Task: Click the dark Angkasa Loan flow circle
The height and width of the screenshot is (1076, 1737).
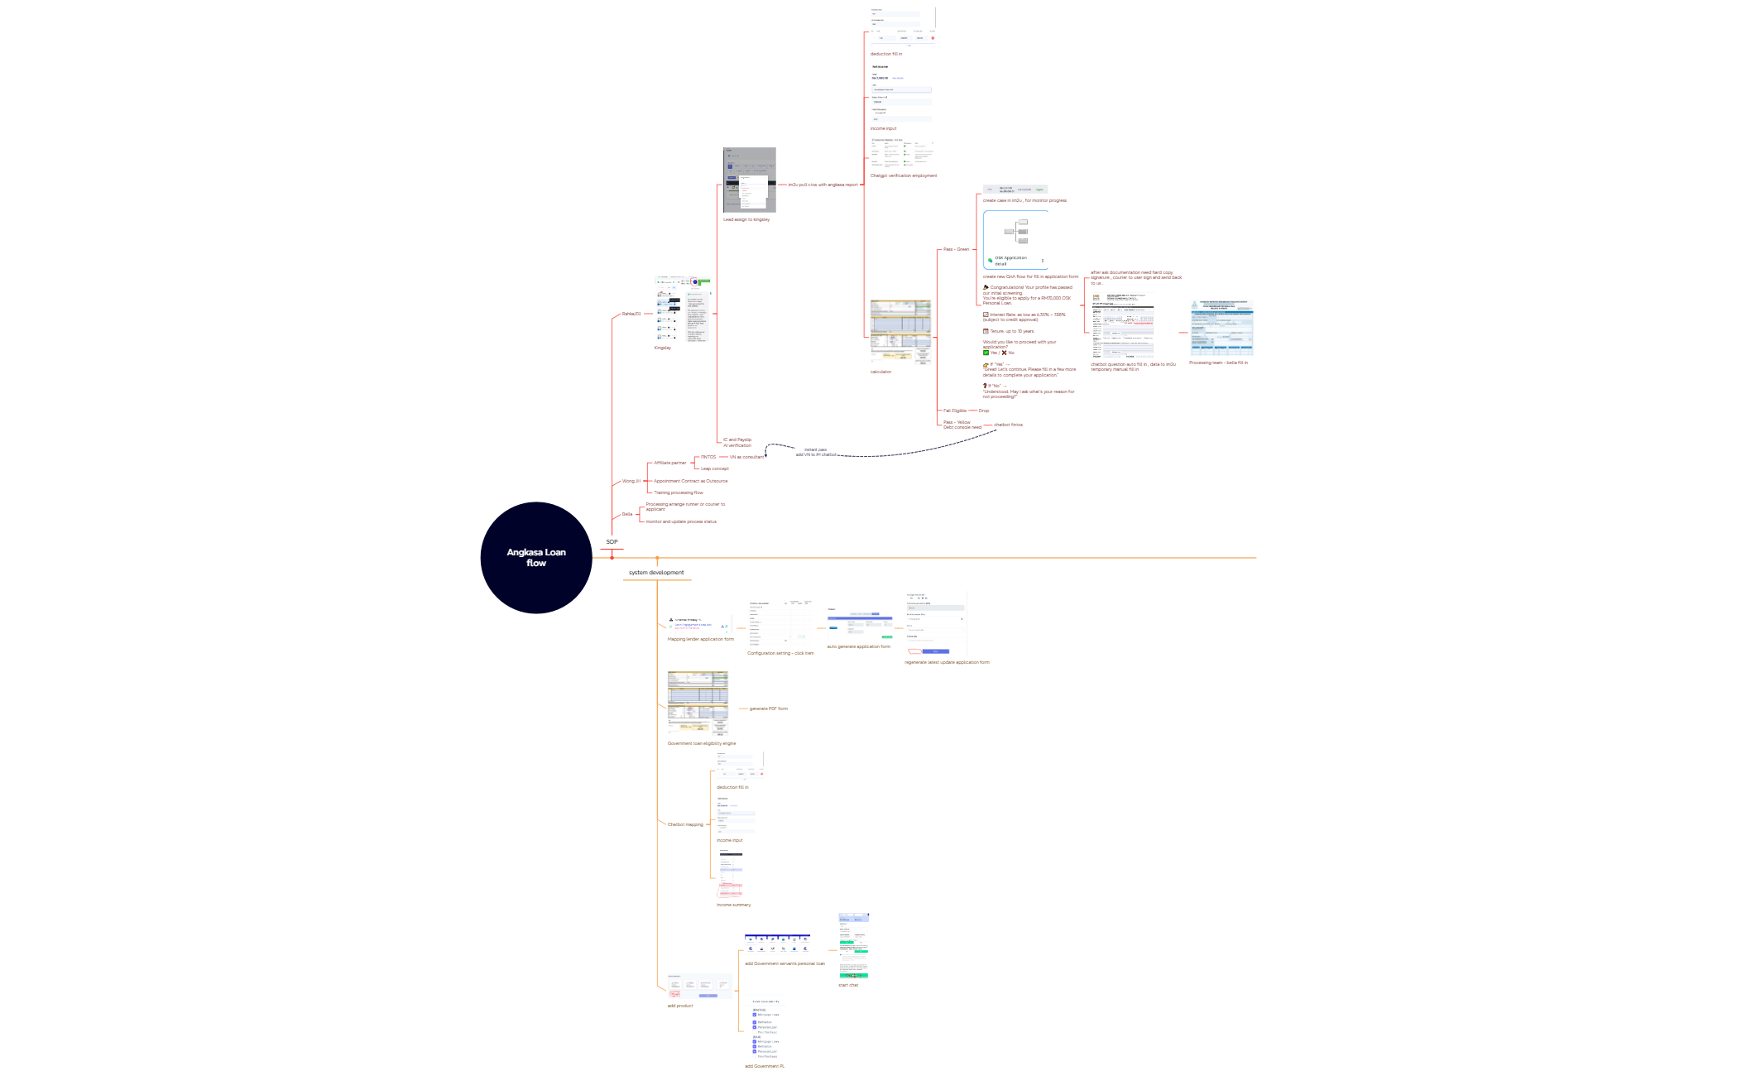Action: pos(536,558)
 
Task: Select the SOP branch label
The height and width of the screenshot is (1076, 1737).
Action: pos(612,542)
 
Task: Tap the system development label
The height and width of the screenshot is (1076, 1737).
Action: pos(656,573)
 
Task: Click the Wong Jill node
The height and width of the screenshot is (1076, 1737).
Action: pos(631,481)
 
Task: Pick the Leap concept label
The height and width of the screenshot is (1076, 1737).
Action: pos(715,468)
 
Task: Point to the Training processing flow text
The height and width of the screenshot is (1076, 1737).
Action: pos(679,492)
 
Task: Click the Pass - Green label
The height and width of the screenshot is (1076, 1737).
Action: pos(956,249)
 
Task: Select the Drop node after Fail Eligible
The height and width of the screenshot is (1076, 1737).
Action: pos(984,411)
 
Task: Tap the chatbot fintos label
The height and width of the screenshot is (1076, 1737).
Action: pos(1008,425)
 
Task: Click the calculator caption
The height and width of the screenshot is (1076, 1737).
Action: pos(880,372)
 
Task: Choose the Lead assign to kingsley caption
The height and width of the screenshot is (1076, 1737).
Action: pos(746,219)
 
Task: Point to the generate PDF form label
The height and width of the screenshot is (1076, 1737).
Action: pos(769,709)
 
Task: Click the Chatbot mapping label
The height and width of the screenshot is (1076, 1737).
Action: pos(685,824)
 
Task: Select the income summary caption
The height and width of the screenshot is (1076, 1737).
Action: pos(733,905)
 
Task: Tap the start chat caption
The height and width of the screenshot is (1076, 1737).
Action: pos(848,985)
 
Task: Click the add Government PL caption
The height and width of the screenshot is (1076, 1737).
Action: pos(765,1066)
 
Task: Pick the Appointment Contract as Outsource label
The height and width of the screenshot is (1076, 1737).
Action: pos(691,481)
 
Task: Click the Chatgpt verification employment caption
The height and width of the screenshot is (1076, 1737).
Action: pos(904,175)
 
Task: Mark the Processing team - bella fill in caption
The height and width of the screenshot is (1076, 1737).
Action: pos(1218,363)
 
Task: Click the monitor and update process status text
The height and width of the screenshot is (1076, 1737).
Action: pos(681,521)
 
